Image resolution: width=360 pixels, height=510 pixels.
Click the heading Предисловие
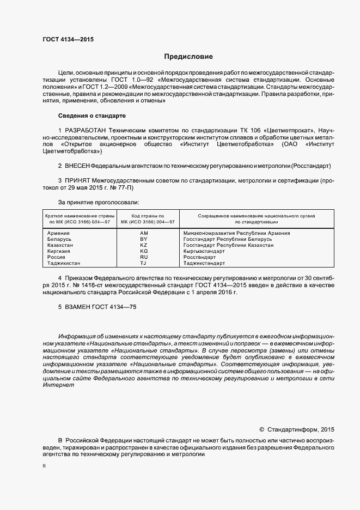pos(188,57)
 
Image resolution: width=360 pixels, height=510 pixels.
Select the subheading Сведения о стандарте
pos(91,116)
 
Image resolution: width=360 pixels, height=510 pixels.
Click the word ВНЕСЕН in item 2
pos(77,165)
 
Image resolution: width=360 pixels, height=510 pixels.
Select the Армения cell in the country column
pos(59,233)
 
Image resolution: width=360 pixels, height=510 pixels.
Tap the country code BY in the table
pos(144,239)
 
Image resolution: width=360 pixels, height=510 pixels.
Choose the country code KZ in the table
pos(144,245)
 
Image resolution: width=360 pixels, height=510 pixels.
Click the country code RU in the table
pos(144,257)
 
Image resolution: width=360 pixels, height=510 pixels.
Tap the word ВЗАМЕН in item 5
pos(77,307)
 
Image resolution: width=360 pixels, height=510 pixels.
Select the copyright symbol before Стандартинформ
pos(261,429)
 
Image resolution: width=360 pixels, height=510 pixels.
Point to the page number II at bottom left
pos(44,466)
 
